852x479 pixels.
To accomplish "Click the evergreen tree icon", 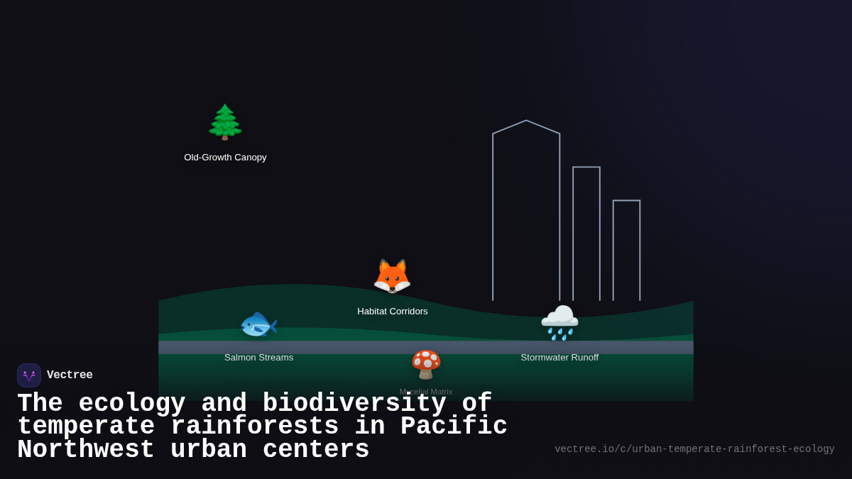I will click(225, 122).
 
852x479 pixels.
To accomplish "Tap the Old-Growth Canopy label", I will click(225, 158).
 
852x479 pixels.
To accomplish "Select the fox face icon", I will click(392, 276).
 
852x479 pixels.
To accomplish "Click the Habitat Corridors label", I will click(392, 312).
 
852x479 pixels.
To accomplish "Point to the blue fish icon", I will click(258, 325).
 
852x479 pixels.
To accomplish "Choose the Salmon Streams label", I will click(258, 358).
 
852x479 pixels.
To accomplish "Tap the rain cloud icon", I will click(559, 322).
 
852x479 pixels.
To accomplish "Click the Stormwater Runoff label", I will click(559, 358).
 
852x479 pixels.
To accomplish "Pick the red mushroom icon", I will click(426, 364).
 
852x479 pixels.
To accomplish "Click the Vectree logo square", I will click(29, 375).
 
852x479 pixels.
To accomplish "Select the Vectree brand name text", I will click(70, 375).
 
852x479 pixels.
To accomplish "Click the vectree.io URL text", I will click(694, 449).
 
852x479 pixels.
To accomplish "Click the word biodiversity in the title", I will click(354, 404).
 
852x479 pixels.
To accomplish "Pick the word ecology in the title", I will click(132, 404).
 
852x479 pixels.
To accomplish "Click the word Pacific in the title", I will click(454, 426).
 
